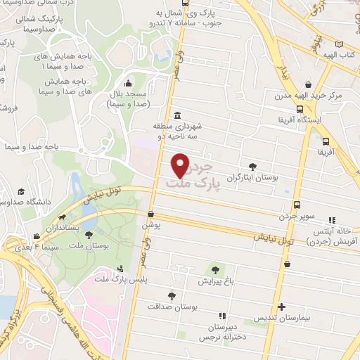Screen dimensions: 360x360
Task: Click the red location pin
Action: point(181,165)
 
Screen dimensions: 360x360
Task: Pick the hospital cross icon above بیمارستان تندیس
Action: point(282,307)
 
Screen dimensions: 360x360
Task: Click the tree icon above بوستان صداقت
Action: point(172,296)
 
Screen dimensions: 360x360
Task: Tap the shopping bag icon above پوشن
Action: point(150,214)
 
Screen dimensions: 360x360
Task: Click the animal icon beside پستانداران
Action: point(63,218)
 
